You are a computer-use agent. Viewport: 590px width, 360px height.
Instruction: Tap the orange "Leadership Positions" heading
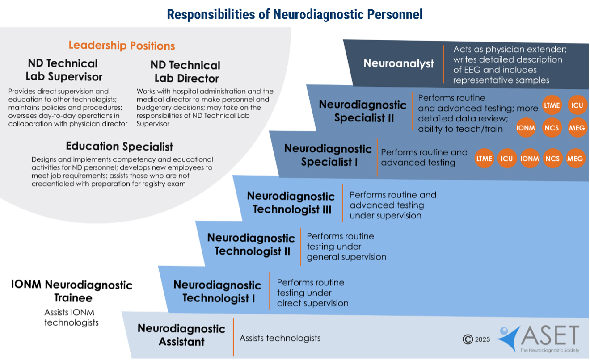122,46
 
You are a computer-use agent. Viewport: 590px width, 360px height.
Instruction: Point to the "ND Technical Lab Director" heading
185,72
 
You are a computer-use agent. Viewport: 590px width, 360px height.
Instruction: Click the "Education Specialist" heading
119,146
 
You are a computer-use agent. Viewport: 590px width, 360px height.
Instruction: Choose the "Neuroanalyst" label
399,63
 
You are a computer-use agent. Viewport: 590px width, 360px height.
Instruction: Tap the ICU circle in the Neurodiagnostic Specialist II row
576,105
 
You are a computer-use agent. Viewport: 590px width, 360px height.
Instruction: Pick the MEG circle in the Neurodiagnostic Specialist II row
576,128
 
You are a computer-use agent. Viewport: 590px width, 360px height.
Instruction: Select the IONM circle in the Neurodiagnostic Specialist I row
530,159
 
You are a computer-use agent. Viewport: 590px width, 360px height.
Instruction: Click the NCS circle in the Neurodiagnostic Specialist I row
552,159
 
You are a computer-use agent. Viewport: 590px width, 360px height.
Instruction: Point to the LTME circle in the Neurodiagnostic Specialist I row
484,159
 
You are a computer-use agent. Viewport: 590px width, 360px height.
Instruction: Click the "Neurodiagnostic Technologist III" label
291,203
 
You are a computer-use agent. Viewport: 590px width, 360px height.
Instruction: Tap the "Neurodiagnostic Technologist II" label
251,244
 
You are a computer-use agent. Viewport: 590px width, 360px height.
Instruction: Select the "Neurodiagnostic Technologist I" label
218,291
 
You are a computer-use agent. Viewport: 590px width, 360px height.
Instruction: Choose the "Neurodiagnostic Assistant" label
181,335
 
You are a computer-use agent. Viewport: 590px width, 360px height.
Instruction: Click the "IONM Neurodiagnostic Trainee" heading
72,291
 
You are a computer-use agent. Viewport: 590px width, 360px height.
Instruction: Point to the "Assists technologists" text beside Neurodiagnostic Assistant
280,338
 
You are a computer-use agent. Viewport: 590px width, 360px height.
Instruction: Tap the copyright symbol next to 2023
468,339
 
